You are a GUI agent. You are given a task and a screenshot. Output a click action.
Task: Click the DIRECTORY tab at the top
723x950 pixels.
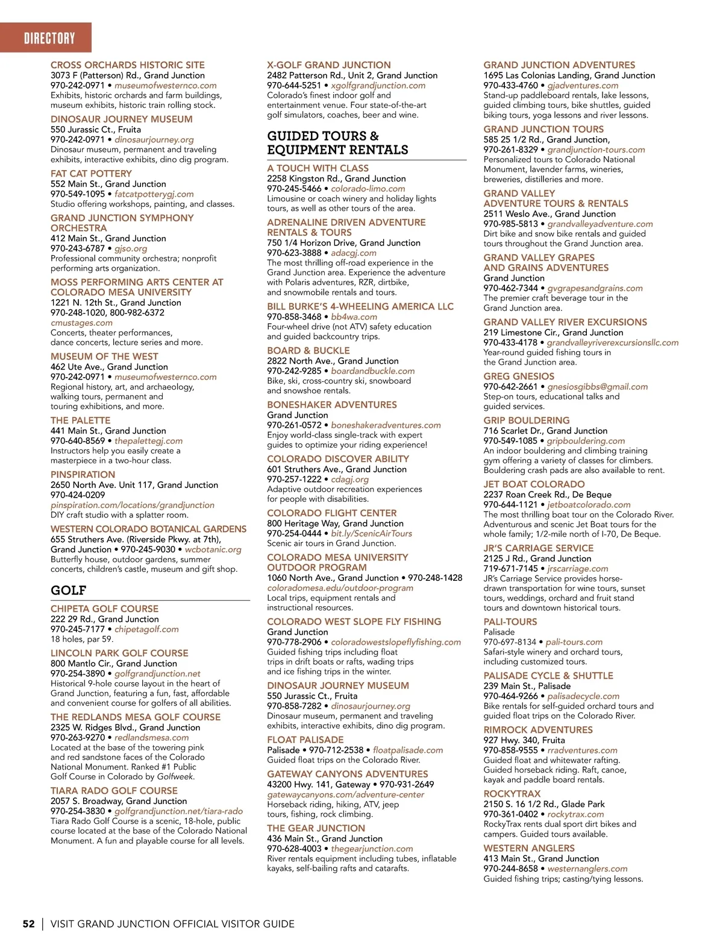[49, 39]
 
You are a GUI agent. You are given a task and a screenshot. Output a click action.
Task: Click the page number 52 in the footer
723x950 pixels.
[28, 923]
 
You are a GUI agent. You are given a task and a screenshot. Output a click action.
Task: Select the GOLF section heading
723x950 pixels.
[69, 590]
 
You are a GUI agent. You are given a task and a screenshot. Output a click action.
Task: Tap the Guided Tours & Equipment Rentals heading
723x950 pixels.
[337, 143]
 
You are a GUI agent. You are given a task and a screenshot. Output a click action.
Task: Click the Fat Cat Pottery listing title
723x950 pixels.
[91, 174]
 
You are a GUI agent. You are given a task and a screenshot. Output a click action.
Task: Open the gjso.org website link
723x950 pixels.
[131, 249]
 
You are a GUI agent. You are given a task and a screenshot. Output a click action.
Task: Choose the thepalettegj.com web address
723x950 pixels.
[148, 441]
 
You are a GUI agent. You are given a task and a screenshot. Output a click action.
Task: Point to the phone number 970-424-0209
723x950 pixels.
[78, 495]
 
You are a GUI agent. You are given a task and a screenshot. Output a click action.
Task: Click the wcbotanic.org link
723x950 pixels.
[213, 549]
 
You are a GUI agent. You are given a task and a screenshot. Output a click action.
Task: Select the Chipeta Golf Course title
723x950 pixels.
[104, 609]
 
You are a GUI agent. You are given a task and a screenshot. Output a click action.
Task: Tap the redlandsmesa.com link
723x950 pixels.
[151, 737]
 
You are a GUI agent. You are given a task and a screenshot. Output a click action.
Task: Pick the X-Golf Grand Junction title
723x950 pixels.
[328, 65]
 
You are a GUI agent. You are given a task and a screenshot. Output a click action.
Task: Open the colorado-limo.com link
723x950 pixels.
[368, 189]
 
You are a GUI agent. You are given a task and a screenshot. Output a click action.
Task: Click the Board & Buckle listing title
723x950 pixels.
[308, 350]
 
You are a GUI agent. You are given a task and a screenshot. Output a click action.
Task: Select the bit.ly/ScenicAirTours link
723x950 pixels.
[371, 534]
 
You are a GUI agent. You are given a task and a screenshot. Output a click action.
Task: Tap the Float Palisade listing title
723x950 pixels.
[305, 740]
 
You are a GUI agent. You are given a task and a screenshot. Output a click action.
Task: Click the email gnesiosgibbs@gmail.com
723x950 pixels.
[597, 387]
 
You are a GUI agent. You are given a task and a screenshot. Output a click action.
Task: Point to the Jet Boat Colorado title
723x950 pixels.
[534, 484]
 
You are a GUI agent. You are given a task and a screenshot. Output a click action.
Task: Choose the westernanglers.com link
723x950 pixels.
[587, 869]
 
